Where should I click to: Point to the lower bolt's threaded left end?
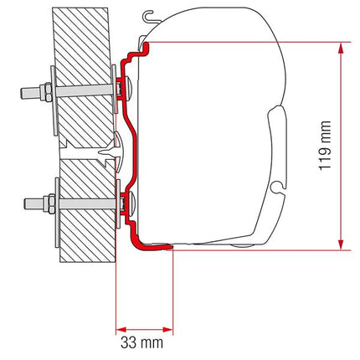[x=25, y=203]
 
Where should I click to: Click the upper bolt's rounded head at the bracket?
[x=126, y=86]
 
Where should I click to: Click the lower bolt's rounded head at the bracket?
[x=126, y=202]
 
